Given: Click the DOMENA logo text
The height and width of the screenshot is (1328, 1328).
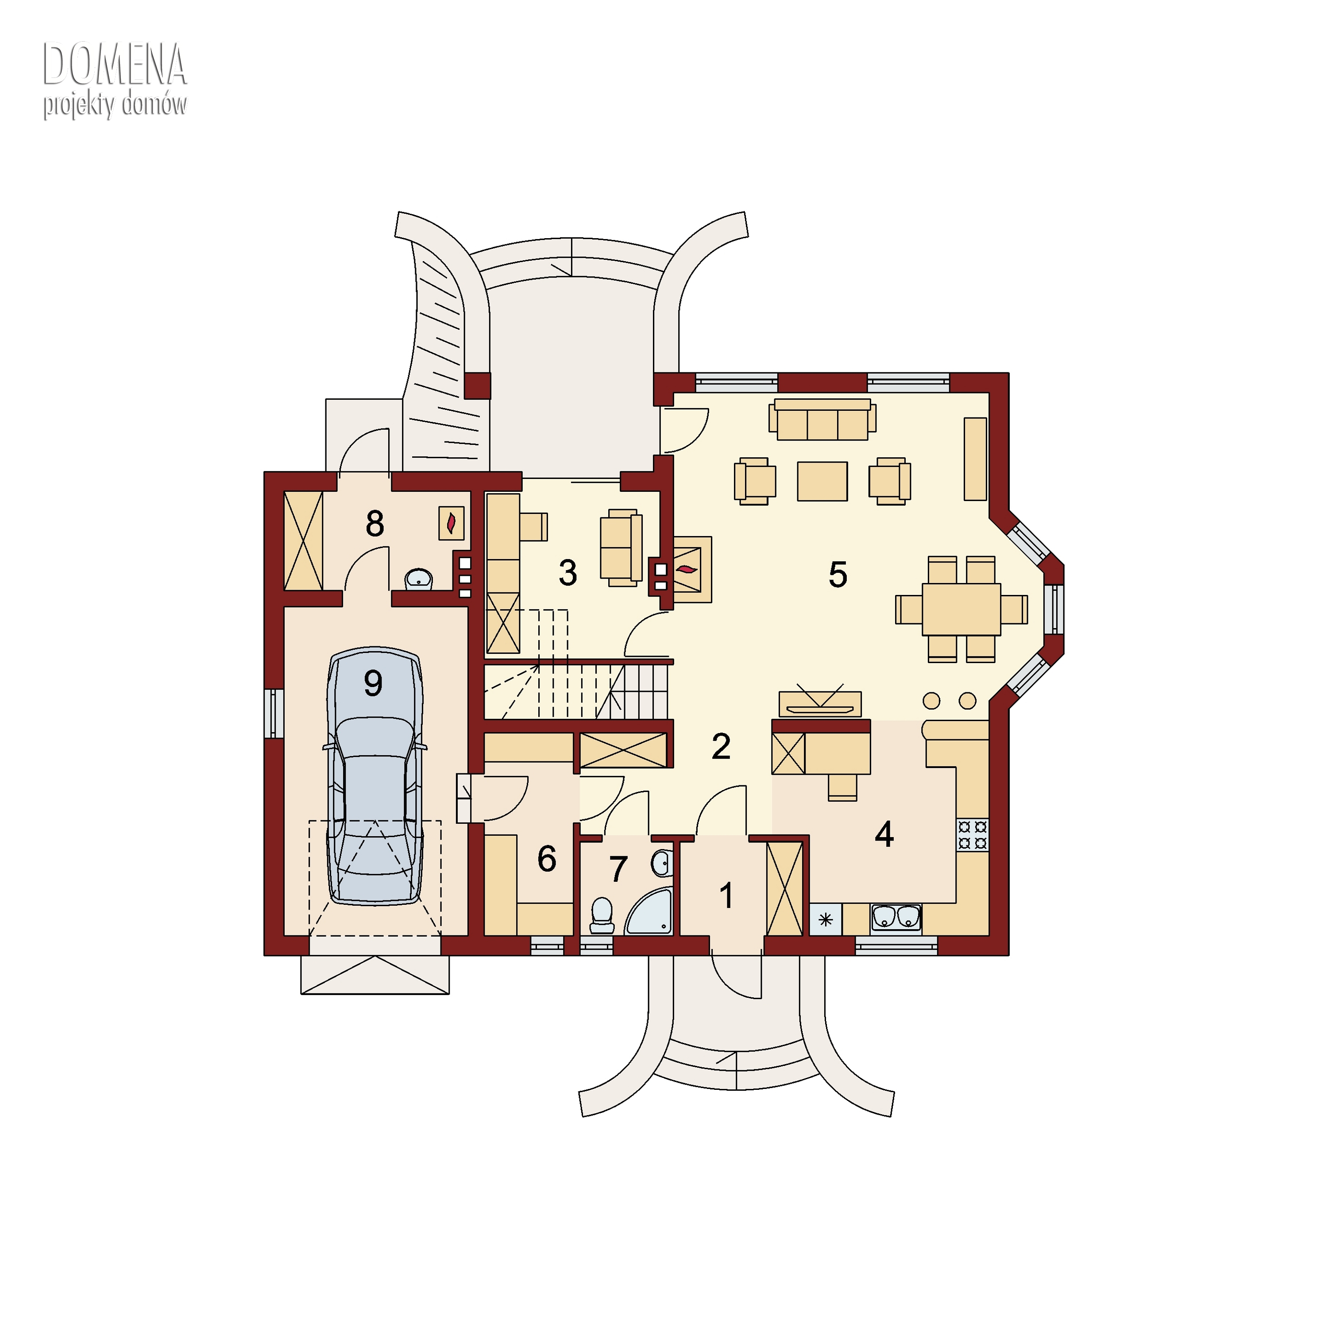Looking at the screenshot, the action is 115,65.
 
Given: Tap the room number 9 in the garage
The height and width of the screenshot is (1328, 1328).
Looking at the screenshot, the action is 373,683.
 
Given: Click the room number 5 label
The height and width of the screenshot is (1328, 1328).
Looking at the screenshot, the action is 838,575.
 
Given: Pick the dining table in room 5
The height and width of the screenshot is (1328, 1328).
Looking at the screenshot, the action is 961,609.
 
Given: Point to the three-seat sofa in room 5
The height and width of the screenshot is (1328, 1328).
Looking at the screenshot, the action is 822,419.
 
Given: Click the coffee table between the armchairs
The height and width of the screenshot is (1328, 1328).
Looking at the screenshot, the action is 822,481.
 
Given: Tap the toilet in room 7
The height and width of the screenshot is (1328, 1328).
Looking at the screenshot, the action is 602,915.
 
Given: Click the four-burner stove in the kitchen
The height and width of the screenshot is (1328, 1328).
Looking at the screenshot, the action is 973,834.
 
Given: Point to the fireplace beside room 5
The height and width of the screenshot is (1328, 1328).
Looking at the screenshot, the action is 687,569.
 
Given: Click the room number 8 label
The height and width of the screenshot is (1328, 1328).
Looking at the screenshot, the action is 374,525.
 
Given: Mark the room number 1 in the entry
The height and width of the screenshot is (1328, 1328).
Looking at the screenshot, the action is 726,896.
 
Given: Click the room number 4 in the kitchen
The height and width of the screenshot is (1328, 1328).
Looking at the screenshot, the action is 884,834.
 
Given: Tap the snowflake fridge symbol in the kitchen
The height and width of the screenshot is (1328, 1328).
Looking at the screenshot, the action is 826,919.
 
